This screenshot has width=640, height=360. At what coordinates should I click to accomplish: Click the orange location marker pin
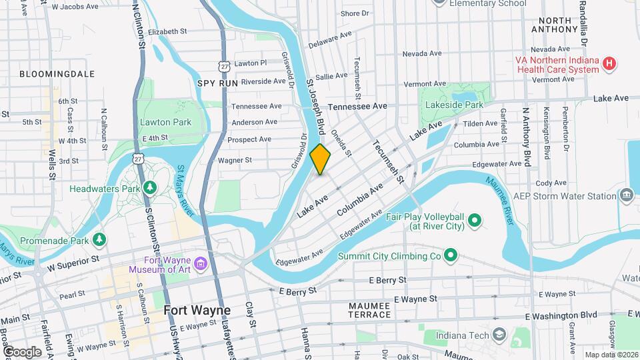[320, 159]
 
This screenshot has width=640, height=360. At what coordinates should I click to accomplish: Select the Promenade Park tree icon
[99, 238]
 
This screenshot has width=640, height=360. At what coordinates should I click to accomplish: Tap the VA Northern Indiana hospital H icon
[608, 65]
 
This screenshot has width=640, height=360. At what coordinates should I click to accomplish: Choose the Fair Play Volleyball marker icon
[475, 220]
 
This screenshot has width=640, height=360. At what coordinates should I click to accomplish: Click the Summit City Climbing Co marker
[451, 255]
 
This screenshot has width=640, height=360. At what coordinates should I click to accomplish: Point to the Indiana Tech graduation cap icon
[499, 334]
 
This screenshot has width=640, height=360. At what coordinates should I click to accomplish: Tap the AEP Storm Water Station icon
[627, 195]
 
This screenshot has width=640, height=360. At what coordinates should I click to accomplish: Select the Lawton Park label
[165, 122]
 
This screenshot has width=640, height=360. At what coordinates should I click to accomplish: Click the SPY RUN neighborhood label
[217, 83]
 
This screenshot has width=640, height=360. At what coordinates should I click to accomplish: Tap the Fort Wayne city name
[197, 311]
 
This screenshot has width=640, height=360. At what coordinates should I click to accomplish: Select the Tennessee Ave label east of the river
[358, 106]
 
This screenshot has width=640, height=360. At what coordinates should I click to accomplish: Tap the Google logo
[22, 351]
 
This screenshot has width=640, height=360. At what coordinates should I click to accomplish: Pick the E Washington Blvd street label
[561, 315]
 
